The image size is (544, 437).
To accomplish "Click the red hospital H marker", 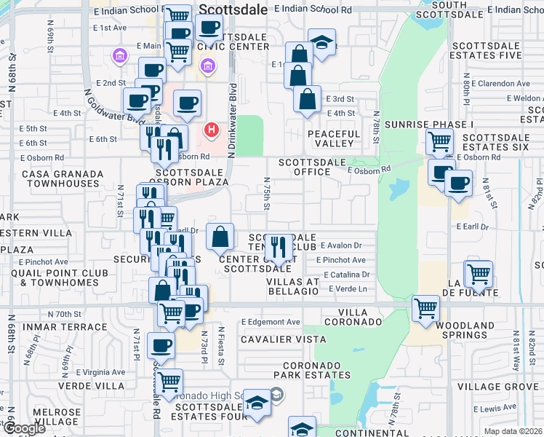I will click(211, 130).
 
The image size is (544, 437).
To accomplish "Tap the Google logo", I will click(25, 428).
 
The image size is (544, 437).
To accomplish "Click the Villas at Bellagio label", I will click(292, 286).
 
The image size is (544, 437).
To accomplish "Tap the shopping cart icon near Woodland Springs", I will click(425, 309).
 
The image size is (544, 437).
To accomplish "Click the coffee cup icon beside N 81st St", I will click(458, 184).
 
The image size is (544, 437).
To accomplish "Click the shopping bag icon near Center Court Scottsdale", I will click(220, 236).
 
